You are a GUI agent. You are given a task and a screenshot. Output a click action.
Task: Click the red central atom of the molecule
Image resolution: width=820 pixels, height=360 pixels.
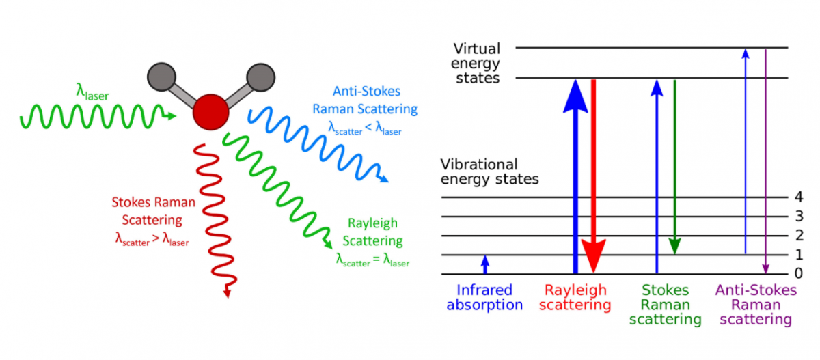point(211,112)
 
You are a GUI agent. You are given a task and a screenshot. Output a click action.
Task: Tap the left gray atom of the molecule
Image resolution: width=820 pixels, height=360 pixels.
point(161,77)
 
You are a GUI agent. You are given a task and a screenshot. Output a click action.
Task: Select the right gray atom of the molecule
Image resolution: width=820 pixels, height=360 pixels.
point(260,77)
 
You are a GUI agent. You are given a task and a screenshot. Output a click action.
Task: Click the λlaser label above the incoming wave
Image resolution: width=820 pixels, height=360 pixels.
point(92,92)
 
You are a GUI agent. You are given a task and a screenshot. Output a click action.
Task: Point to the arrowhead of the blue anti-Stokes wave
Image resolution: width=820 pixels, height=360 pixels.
point(383,178)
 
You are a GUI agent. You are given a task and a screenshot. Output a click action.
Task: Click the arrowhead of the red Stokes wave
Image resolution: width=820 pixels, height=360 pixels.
point(228,293)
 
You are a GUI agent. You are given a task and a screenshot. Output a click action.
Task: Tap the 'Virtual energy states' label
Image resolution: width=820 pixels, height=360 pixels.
point(476,64)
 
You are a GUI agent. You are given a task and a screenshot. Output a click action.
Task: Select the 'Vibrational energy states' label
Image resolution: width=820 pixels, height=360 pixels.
point(489,171)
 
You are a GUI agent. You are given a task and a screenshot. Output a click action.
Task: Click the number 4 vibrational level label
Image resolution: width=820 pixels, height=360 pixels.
point(799,197)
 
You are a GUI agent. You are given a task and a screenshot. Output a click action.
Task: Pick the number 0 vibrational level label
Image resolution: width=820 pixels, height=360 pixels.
point(799,273)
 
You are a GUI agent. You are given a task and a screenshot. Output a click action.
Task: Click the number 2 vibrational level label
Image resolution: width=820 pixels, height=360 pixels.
point(799,235)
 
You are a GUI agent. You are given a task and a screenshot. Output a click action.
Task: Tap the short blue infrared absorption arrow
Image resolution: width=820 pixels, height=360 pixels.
point(485,264)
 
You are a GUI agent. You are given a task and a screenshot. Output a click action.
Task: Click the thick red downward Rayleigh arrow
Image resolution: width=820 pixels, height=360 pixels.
point(593,176)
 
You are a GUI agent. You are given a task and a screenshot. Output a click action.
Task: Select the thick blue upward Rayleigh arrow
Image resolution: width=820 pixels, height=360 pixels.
point(575,176)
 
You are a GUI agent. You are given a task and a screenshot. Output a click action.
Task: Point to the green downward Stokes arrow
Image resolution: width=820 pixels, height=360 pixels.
point(674,167)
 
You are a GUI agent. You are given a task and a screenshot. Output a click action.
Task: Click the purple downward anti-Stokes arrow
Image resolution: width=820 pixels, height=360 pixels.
point(765,161)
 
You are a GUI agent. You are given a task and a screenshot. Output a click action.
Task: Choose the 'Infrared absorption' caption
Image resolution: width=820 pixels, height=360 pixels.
point(484,297)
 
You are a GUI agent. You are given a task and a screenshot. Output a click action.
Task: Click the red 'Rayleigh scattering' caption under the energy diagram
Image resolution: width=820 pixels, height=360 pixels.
point(575,297)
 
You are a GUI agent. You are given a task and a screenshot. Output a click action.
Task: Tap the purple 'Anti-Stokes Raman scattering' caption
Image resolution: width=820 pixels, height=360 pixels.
point(756,305)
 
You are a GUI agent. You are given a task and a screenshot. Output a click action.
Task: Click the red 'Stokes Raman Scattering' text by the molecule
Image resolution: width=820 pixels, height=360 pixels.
point(153,211)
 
